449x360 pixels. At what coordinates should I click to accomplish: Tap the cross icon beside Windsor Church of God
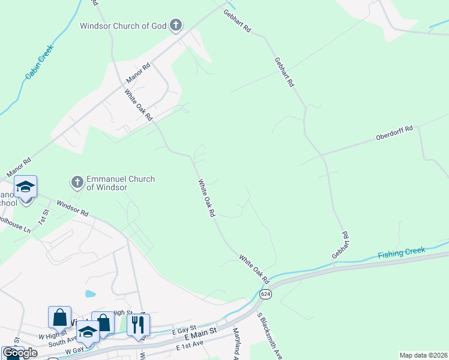tap(176, 25)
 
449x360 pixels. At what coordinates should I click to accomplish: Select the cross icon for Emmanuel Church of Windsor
tap(77, 181)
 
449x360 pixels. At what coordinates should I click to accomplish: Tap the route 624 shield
tap(265, 294)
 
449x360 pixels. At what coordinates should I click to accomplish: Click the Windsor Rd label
tap(72, 208)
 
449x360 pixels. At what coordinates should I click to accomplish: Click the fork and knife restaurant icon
tap(138, 325)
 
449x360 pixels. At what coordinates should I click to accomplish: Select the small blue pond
tap(90, 294)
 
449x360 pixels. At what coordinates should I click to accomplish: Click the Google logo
tap(19, 353)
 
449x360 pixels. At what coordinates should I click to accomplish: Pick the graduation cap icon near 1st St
tap(25, 187)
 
